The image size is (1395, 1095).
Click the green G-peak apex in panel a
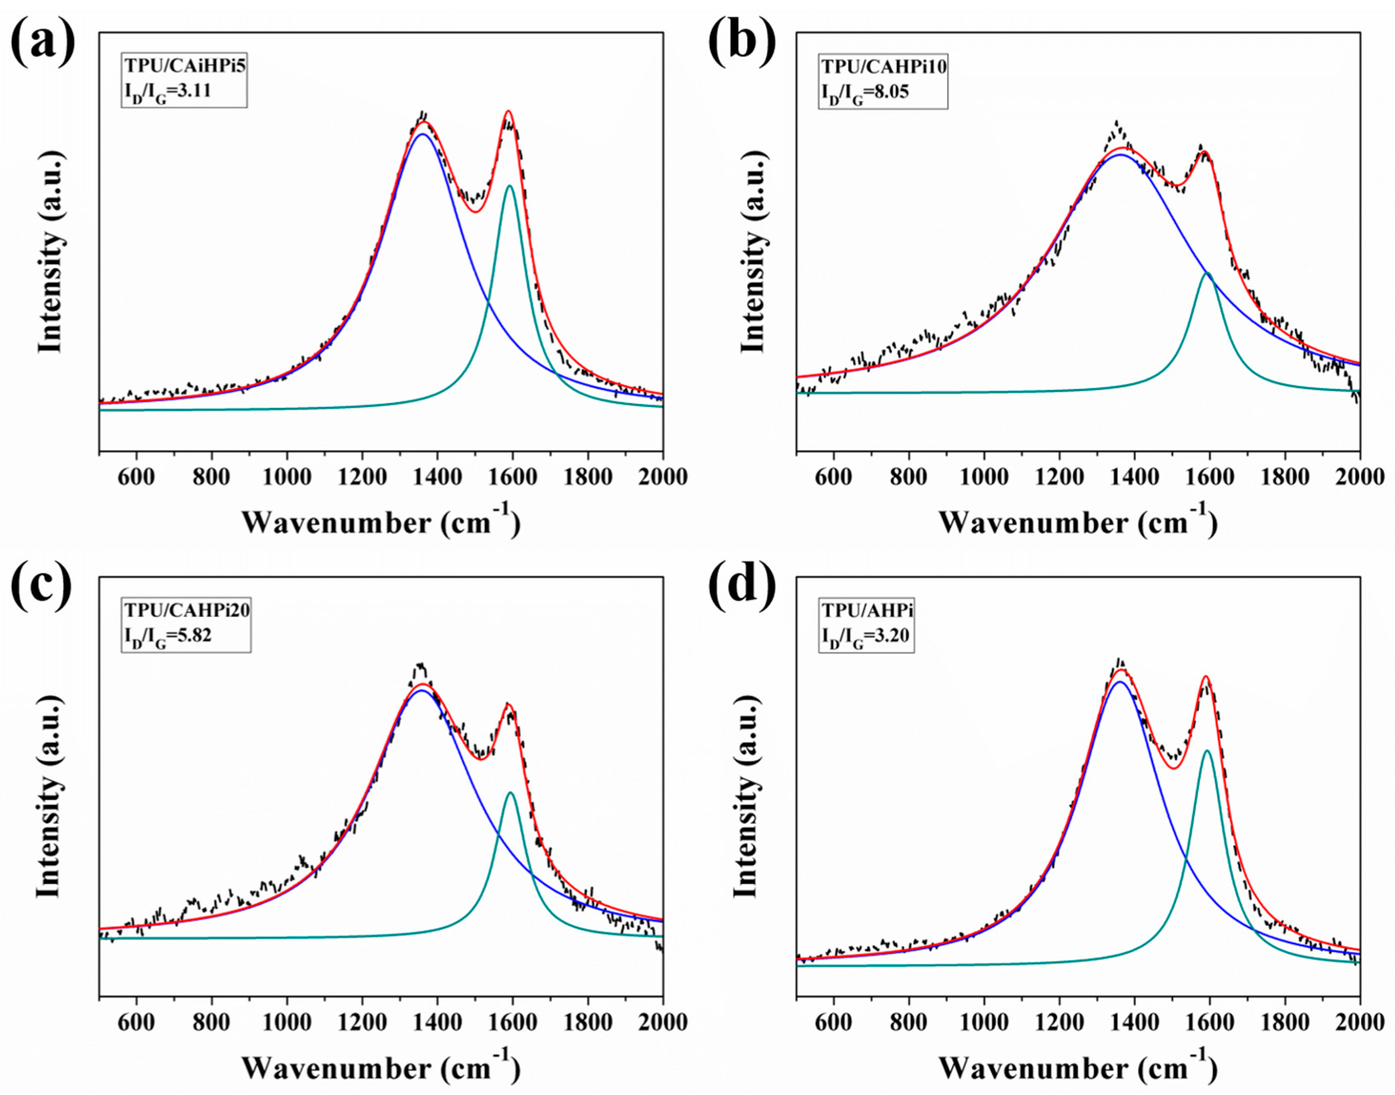click(x=510, y=186)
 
